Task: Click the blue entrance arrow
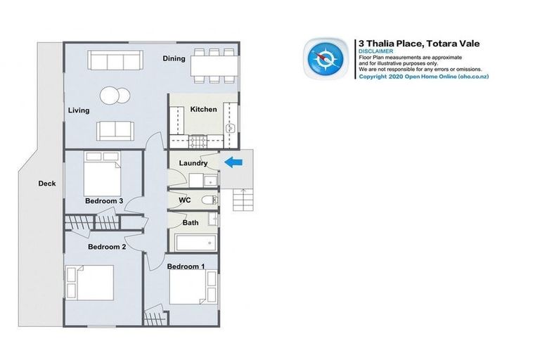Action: click(233, 162)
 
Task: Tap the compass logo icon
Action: click(324, 58)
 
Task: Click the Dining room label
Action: click(174, 59)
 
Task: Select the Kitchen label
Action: click(204, 110)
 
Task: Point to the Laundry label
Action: click(193, 163)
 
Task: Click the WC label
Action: click(184, 200)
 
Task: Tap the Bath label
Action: click(191, 223)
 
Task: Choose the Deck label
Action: click(46, 184)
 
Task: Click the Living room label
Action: click(79, 111)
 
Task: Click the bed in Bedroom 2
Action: click(89, 283)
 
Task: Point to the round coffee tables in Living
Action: click(115, 96)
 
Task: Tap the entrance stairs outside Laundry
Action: click(244, 200)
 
